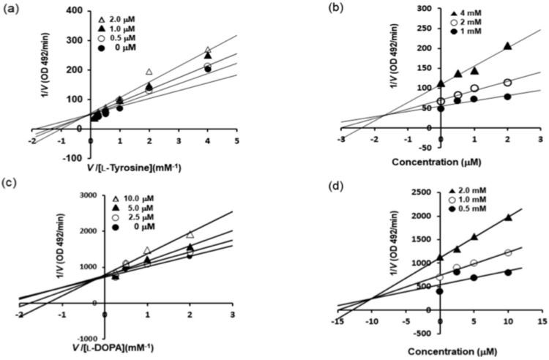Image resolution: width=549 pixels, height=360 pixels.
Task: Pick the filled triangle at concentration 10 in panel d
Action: click(508, 217)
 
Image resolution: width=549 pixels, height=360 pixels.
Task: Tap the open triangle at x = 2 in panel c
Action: click(190, 235)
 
